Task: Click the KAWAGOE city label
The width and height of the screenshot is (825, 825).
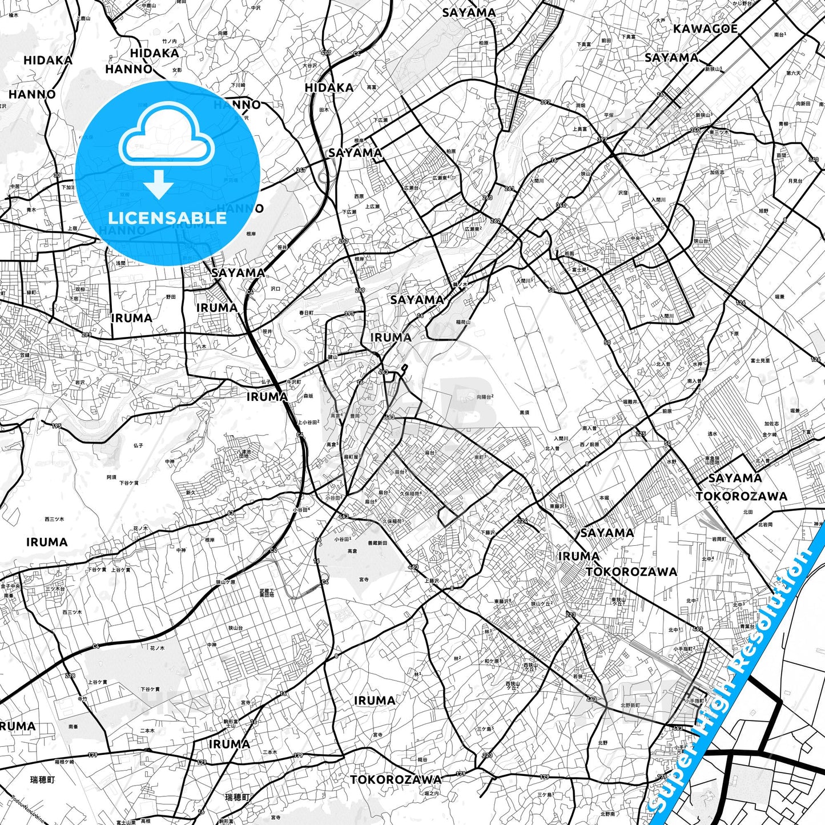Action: (x=705, y=29)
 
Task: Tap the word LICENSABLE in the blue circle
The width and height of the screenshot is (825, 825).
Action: (x=167, y=218)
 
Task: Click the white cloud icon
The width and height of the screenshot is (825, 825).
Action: (x=167, y=140)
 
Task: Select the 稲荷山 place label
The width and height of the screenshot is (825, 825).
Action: (x=463, y=322)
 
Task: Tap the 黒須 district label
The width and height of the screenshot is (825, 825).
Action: (x=524, y=412)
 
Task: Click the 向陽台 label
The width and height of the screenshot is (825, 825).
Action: (x=484, y=396)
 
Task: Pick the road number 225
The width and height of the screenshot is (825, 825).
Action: (x=641, y=434)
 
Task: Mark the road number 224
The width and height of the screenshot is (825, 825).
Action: (x=522, y=521)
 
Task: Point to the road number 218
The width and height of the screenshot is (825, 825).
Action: (x=70, y=676)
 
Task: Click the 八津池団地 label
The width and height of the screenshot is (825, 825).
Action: (x=244, y=453)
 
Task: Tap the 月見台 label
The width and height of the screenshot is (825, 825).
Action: (x=795, y=181)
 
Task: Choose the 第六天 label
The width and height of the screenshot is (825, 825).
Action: (x=794, y=73)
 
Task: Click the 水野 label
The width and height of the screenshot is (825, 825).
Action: (x=671, y=461)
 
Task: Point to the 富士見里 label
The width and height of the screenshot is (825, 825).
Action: (x=760, y=361)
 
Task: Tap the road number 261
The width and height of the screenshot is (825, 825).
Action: (x=509, y=188)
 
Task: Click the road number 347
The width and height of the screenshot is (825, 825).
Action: (x=301, y=170)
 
